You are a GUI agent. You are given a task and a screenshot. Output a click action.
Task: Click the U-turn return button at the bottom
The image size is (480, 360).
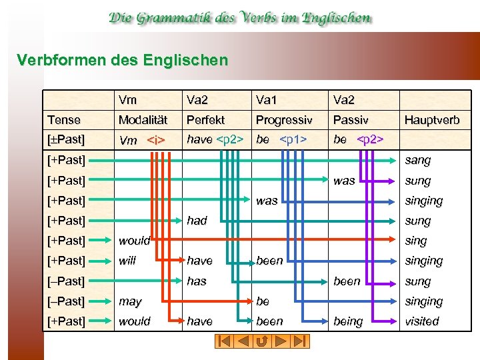tap(262, 341)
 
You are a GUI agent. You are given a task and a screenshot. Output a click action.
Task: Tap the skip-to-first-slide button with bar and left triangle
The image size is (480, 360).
tap(224, 341)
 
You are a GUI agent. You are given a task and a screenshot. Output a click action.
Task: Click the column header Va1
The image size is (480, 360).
tap(267, 100)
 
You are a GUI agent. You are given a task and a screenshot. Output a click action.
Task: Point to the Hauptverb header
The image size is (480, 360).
tap(432, 120)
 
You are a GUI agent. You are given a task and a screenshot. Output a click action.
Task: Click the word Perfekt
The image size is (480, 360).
tap(206, 120)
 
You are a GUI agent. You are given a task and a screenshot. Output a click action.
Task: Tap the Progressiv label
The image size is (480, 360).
tap(284, 120)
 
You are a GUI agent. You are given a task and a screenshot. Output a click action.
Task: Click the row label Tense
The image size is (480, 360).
tap(63, 120)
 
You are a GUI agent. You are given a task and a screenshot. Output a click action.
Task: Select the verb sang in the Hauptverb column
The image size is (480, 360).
tap(418, 160)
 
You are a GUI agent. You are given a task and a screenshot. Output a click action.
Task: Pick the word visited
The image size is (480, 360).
tap(422, 321)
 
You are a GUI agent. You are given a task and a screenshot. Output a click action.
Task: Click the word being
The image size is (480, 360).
tap(348, 321)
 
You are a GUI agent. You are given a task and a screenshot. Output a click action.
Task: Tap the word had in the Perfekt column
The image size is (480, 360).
tap(197, 220)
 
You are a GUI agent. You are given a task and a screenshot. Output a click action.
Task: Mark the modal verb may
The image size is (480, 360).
tap(130, 301)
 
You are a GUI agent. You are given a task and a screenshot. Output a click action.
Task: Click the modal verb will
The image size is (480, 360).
tap(127, 261)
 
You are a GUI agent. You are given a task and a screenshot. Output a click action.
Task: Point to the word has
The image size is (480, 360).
tap(197, 281)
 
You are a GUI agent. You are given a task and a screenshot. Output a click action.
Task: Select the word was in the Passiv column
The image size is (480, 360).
tap(344, 180)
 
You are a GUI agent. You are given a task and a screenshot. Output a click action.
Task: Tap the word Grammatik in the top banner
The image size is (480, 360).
tap(177, 18)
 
